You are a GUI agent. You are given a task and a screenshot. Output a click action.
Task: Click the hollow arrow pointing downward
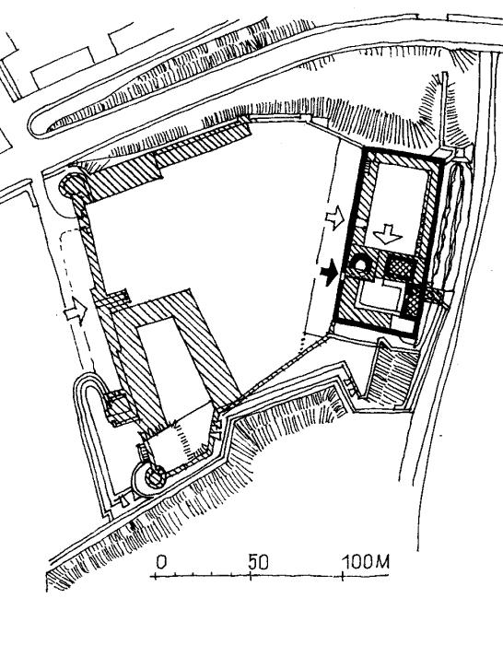coord(387,234)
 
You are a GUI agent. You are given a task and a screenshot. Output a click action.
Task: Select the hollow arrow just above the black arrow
coord(334,217)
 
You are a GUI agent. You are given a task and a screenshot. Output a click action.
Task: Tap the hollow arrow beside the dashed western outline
coord(76,311)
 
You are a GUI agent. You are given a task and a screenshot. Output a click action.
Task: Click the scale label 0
coord(161,562)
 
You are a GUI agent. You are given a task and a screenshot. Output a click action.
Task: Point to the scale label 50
coord(259,562)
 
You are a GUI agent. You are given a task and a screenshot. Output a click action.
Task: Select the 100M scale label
coord(366,561)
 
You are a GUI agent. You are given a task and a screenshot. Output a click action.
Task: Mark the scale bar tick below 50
coord(251,576)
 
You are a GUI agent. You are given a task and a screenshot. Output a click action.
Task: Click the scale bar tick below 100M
coord(343,576)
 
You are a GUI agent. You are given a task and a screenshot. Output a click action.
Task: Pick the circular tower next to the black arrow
coord(360,265)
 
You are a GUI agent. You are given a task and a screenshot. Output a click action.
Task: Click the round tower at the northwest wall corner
coord(74,186)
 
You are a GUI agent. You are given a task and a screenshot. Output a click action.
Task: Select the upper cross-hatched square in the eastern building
coord(400,266)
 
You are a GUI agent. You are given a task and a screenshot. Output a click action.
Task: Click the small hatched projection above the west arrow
coord(118,297)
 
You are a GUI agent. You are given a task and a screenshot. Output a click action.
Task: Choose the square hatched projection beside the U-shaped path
coord(119,407)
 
